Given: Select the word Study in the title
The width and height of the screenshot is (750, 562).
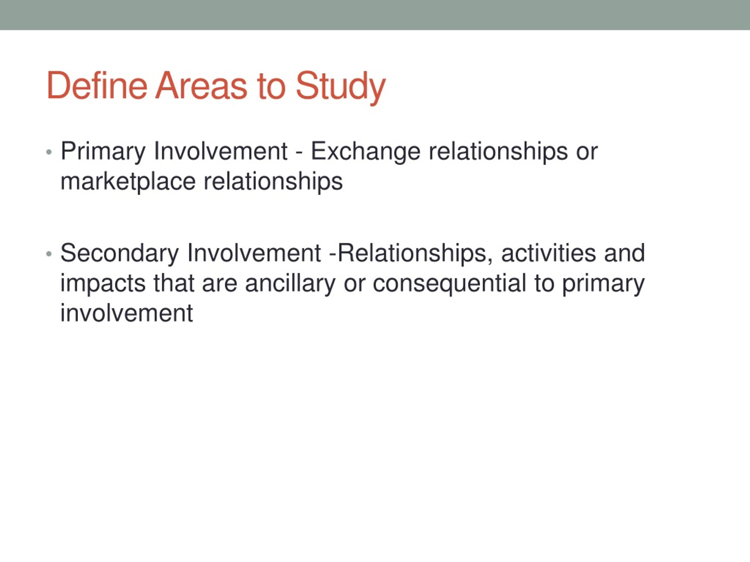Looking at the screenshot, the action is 341,88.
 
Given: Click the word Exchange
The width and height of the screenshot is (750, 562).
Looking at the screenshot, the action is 366,151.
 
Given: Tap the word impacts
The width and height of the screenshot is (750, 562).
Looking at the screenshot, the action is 103,284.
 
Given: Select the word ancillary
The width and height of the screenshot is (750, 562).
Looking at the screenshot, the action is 290,284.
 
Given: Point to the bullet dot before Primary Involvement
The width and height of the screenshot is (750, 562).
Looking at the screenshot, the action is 49,152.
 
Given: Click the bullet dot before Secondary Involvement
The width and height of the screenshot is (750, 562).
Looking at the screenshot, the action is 49,254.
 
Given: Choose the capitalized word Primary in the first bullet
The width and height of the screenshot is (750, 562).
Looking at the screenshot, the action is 103,151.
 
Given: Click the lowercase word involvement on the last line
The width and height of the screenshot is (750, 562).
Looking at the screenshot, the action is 127,313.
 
